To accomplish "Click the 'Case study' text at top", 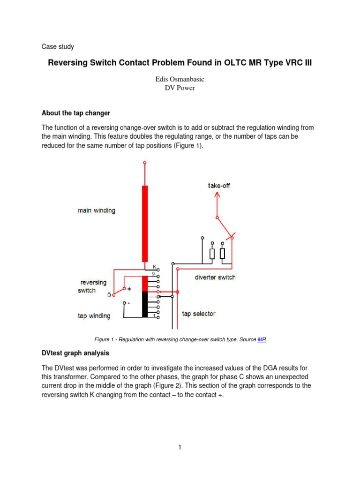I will [58, 47].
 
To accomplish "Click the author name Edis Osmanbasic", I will [180, 79].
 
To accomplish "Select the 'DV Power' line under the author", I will [180, 88].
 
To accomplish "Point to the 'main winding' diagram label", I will [96, 211].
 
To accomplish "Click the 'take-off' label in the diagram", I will [219, 186].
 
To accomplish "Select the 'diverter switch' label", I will [215, 277].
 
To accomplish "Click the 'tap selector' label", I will [199, 314].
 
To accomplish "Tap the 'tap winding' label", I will [94, 316].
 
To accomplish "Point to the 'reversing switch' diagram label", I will [93, 286].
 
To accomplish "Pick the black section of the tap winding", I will [145, 304].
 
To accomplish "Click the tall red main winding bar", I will [145, 223].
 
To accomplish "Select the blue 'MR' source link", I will [262, 339].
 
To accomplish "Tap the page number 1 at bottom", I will [180, 448].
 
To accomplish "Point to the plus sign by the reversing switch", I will [129, 289].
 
